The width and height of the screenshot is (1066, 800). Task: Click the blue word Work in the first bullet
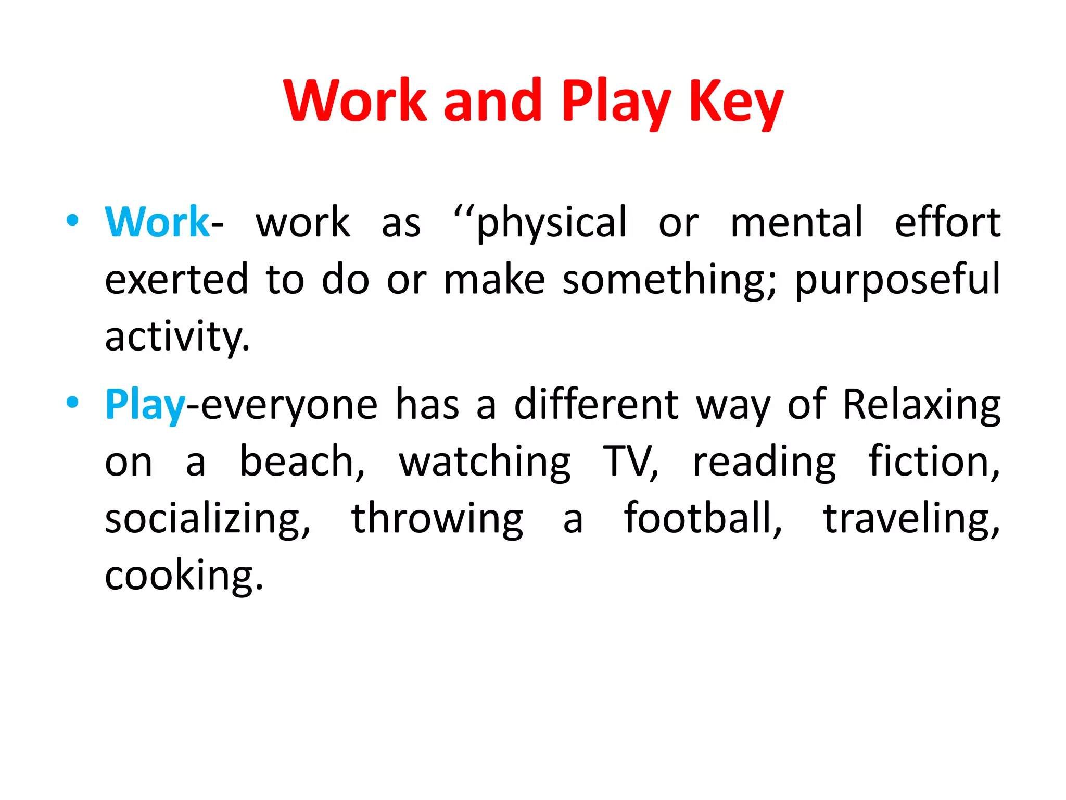tap(157, 222)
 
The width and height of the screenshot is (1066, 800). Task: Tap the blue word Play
tap(145, 405)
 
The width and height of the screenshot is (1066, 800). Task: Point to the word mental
tap(797, 222)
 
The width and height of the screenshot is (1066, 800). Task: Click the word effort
tap(947, 222)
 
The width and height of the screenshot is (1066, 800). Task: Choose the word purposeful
tap(897, 280)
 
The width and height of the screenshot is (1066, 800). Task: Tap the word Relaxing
tap(921, 405)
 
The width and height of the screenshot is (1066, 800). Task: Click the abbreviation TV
tap(630, 461)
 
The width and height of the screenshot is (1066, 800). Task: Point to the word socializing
tap(207, 519)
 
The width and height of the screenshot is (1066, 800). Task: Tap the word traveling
tap(911, 519)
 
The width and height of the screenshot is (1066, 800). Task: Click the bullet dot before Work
tap(72, 220)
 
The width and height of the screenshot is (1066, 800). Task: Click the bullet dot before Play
tap(72, 402)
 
